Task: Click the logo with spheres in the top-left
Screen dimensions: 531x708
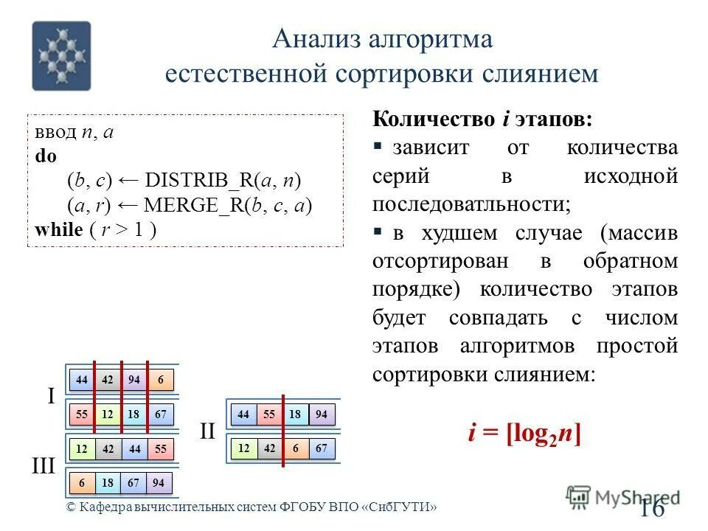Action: [x=61, y=55]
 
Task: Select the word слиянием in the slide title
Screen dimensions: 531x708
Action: [x=544, y=74]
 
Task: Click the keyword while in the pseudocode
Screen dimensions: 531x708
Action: [x=58, y=230]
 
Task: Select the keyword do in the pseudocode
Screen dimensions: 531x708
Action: [x=45, y=156]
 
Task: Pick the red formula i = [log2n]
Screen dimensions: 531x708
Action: [x=524, y=433]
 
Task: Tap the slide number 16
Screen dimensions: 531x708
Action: [x=652, y=507]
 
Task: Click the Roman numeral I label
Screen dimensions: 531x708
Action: [x=51, y=397]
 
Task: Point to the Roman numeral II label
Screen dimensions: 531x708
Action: [x=206, y=431]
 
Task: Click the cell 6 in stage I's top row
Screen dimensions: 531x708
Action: [x=160, y=379]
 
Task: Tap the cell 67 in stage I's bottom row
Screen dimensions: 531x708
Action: [x=160, y=414]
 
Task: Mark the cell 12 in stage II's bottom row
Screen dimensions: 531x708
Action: [x=244, y=448]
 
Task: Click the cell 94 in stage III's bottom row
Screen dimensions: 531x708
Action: [x=159, y=482]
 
